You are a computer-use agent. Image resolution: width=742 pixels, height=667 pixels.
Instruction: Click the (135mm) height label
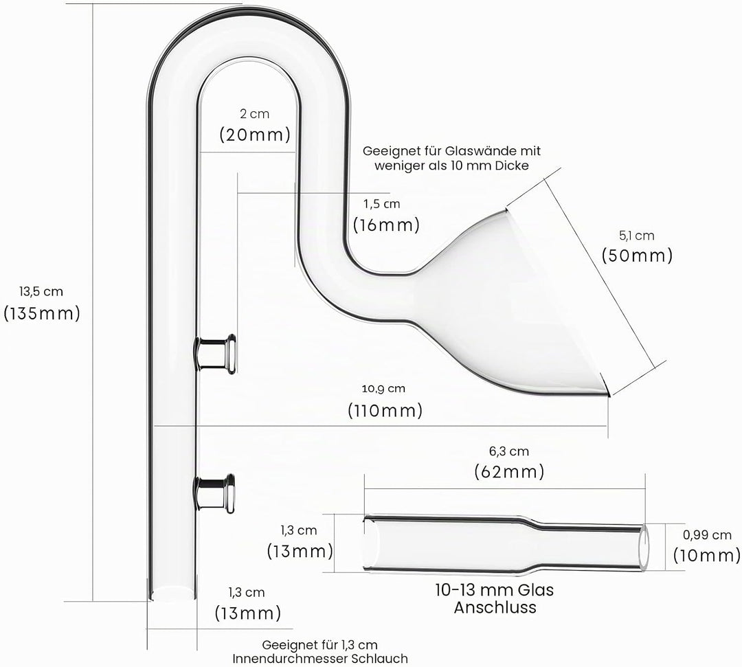point(42,314)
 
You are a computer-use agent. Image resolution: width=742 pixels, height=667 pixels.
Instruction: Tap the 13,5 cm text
point(41,291)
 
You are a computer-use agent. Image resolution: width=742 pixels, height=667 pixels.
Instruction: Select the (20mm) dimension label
point(255,135)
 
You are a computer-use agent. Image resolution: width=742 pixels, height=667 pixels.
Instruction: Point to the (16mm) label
point(386,225)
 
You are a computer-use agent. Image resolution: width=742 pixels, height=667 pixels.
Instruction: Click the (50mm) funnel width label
point(637,256)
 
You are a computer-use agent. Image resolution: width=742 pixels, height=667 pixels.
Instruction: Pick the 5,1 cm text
point(636,235)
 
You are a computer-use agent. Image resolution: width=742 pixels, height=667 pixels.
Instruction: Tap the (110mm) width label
point(385,410)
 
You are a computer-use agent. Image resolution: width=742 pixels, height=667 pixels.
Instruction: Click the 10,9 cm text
point(383,389)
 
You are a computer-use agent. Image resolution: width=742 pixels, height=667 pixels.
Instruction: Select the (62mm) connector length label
point(509,472)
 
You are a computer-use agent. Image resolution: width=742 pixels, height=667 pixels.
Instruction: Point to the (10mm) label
point(707,555)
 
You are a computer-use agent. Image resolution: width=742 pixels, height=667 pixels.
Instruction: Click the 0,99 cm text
point(707,535)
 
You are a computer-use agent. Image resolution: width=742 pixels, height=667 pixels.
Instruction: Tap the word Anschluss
point(495,607)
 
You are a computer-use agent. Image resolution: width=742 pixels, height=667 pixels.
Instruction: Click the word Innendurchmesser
point(291,659)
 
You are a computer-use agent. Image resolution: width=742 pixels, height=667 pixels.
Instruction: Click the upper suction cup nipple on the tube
point(217,354)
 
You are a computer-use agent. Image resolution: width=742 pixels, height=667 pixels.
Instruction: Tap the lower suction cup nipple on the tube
point(216,493)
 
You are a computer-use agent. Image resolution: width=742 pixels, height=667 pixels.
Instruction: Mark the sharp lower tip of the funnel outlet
point(609,395)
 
